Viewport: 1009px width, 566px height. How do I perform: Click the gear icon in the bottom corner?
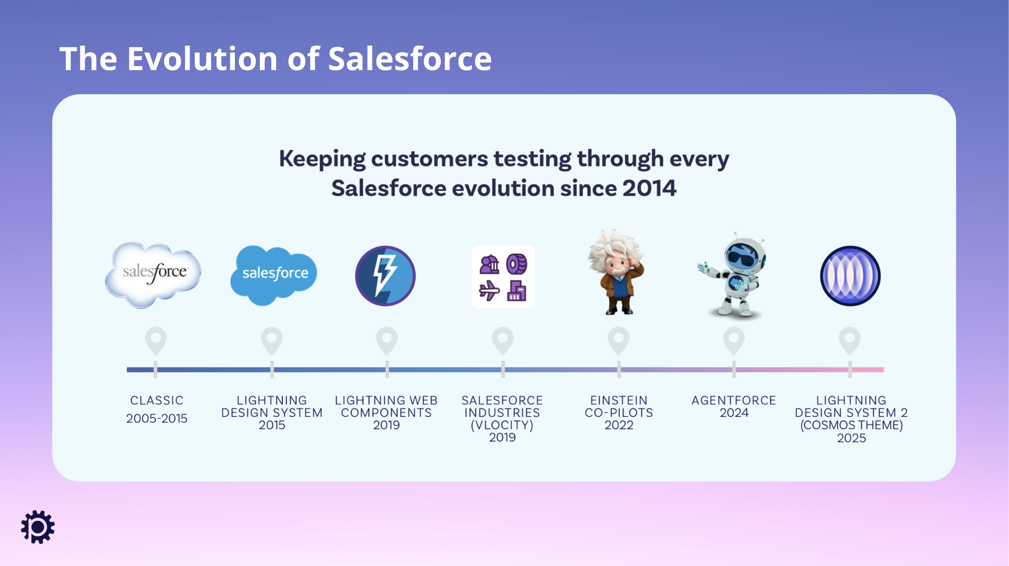38,527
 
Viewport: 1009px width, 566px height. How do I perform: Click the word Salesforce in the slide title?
410,59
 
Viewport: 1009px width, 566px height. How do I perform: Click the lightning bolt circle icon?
385,276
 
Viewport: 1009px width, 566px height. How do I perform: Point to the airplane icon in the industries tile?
489,291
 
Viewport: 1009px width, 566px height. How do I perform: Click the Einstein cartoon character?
616,272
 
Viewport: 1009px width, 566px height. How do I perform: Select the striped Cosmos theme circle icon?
850,276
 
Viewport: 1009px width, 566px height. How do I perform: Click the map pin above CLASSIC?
156,341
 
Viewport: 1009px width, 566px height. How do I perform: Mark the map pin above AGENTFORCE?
734,341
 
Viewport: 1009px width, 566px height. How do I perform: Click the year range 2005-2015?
157,418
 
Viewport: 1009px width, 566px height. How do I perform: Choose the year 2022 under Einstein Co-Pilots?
619,425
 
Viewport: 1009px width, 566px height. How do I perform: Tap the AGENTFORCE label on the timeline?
734,400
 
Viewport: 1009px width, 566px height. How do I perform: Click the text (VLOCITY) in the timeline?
502,425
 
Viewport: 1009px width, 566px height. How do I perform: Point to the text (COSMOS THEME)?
852,425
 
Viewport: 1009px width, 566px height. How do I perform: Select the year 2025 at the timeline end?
852,438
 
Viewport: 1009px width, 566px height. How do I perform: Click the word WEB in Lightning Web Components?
424,400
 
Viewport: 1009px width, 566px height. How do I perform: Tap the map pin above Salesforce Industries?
503,341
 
